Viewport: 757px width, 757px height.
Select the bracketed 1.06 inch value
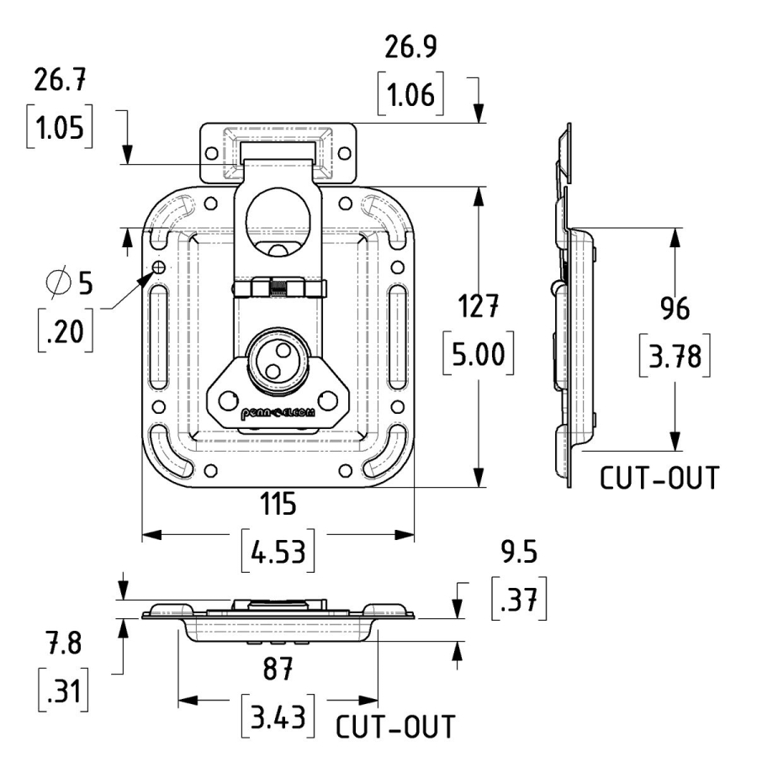pos(410,95)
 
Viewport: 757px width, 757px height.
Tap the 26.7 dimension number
pos(60,83)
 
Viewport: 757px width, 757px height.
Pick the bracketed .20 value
pos(65,331)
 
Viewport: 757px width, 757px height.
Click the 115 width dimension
pos(278,505)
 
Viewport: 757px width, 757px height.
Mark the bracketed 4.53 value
pos(278,552)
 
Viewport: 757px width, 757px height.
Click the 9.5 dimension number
pos(518,553)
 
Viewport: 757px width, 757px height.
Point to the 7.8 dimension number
pos(64,647)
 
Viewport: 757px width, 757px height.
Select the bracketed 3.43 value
pos(278,715)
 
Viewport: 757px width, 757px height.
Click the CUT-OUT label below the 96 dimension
pos(659,478)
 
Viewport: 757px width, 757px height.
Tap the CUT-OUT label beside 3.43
pos(395,727)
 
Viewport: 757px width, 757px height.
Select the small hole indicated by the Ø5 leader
pos(158,267)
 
